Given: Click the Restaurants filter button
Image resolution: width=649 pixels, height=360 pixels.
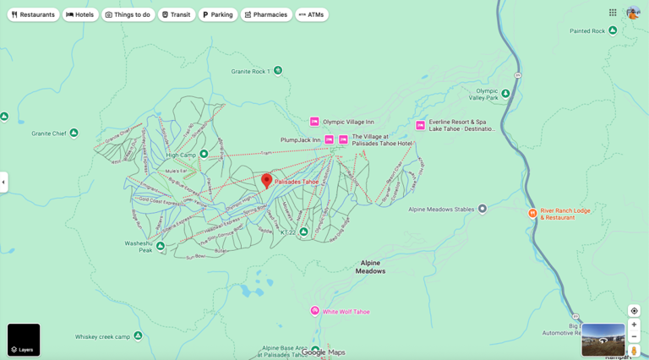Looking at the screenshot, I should tap(34, 14).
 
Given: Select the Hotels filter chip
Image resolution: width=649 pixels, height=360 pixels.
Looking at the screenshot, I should tap(80, 14).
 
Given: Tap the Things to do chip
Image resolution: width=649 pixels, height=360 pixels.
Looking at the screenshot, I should tap(128, 14).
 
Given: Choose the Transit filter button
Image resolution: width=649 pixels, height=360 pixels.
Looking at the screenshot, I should tap(177, 14).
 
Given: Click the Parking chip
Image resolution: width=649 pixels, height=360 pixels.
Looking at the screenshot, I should tap(218, 14).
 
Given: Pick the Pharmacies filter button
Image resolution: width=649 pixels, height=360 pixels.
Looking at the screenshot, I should tap(266, 14).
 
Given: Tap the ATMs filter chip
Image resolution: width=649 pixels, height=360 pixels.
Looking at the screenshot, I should tap(312, 14).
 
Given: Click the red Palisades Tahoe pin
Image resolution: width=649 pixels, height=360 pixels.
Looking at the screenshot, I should tap(267, 180).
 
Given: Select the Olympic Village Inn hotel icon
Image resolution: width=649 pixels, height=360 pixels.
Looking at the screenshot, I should tap(314, 122).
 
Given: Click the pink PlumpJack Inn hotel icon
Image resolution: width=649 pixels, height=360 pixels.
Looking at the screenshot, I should tap(330, 139).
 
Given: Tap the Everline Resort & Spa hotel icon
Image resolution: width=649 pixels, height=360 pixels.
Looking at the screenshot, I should tap(420, 125).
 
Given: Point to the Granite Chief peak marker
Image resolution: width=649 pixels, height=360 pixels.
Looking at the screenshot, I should tap(74, 133).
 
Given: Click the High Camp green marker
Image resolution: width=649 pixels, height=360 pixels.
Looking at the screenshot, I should tap(204, 155).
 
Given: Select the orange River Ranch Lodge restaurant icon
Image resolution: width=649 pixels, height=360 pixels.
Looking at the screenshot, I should tap(532, 214).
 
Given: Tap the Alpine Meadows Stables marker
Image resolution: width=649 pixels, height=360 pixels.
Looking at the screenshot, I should tap(483, 209).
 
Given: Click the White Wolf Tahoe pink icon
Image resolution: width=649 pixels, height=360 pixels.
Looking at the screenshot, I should tap(315, 311).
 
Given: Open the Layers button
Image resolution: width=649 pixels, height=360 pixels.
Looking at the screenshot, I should tap(24, 340).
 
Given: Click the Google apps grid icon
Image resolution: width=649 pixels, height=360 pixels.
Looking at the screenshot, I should tap(613, 13).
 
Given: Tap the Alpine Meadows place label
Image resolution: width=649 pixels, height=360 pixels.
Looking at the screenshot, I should tap(370, 267).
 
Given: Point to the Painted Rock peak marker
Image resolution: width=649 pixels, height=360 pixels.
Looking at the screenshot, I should tap(613, 30).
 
